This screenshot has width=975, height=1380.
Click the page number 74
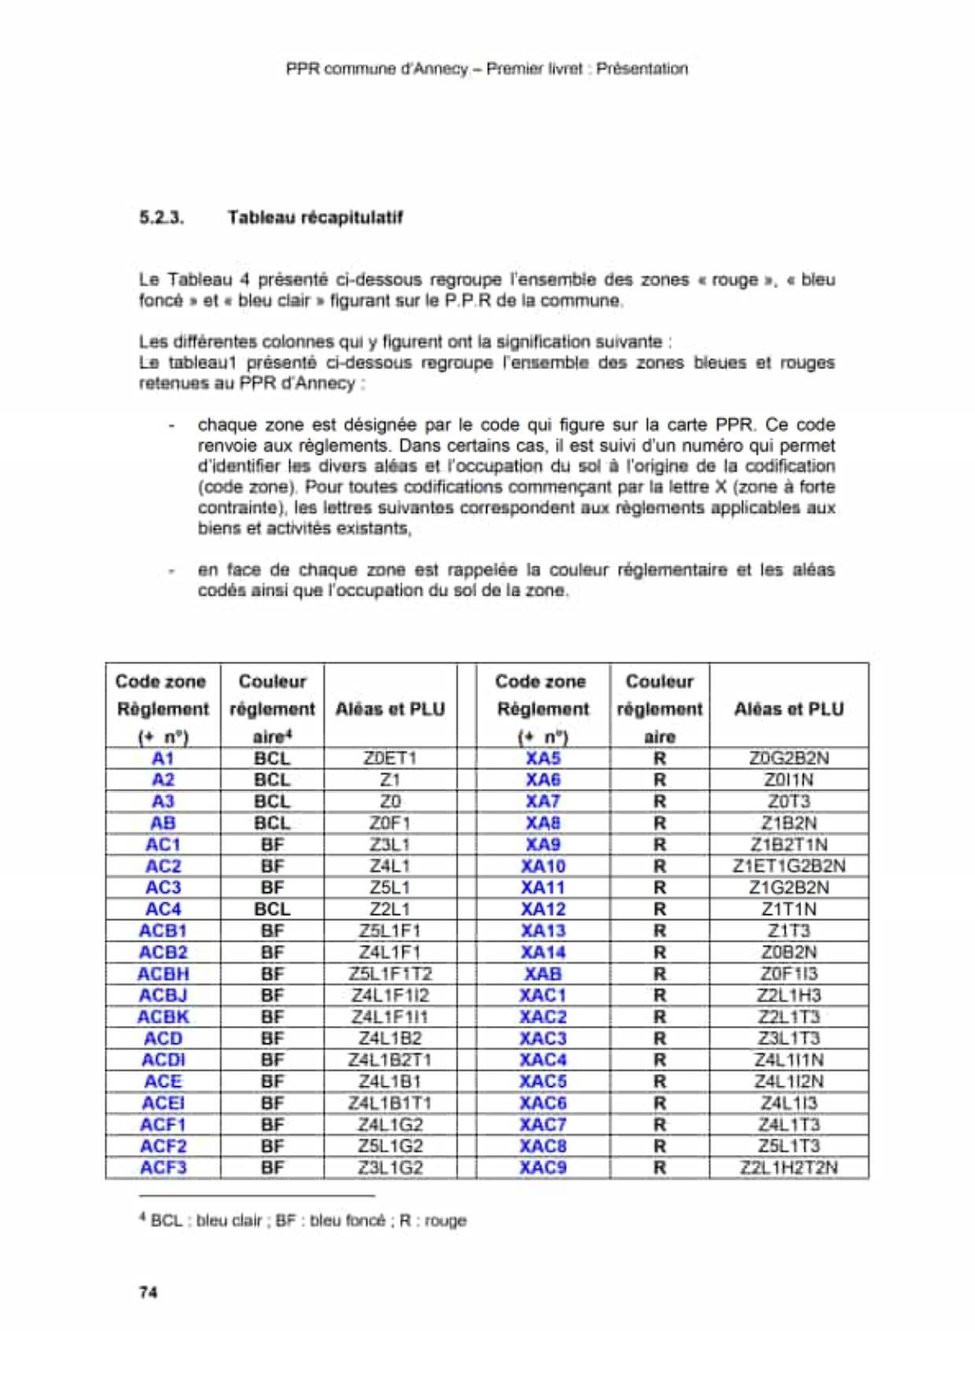[x=148, y=1292]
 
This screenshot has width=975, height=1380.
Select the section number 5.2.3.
[x=161, y=217]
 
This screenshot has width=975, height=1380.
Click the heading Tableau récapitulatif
[x=315, y=217]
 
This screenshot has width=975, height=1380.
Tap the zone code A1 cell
[x=163, y=758]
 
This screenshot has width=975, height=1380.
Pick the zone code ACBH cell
[x=163, y=974]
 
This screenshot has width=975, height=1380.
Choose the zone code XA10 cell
[x=543, y=866]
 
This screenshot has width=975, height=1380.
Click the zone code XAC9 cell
[x=543, y=1168]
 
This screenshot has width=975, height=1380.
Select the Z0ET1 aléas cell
[x=390, y=758]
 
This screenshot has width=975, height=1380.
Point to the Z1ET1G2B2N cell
[x=789, y=866]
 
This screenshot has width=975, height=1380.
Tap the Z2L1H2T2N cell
[x=789, y=1168]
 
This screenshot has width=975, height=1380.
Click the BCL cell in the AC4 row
[x=272, y=910]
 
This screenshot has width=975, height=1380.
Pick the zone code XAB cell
[x=543, y=974]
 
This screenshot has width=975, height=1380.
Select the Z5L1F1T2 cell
[x=390, y=974]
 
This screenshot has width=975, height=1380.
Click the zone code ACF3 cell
[x=163, y=1168]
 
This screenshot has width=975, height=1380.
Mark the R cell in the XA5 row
[x=660, y=758]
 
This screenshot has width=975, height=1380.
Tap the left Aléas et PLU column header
[x=390, y=709]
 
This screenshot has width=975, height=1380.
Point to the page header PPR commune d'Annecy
[x=487, y=68]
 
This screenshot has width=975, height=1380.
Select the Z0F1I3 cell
[x=789, y=974]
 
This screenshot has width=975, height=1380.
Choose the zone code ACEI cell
[x=163, y=1103]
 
